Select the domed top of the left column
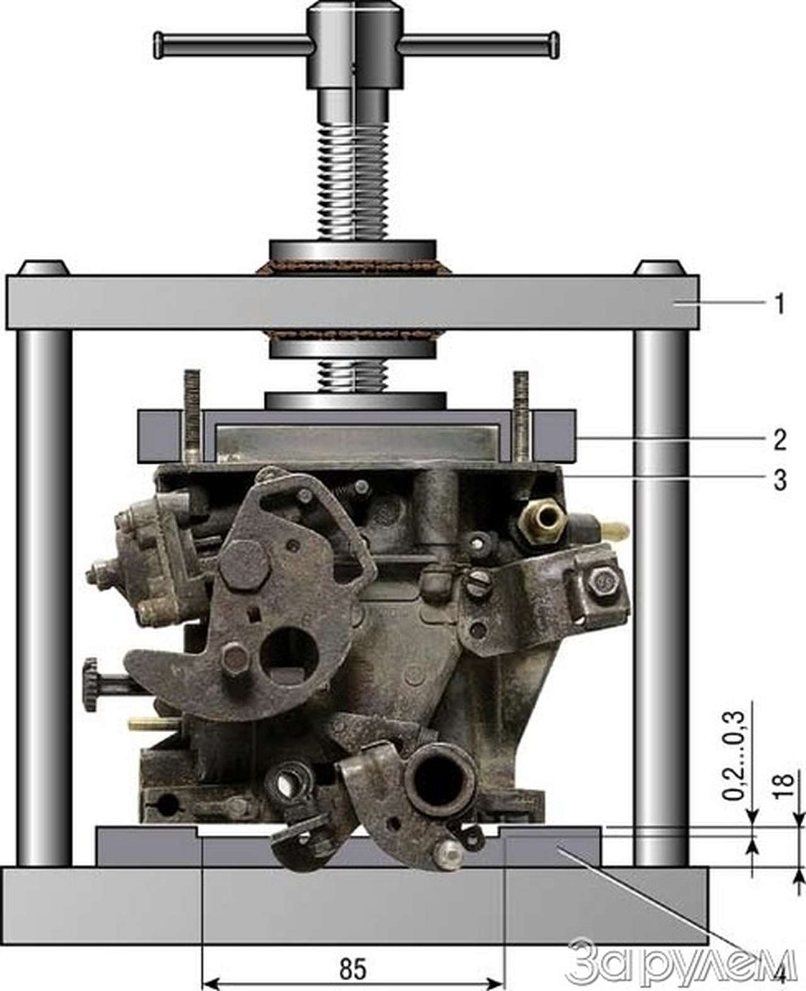coord(43,268)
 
